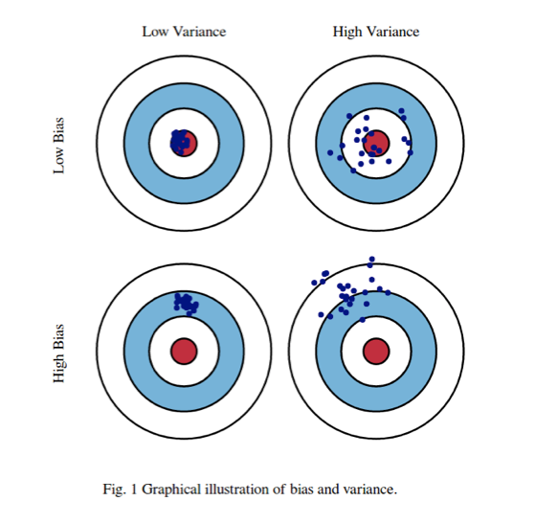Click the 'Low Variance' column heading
(x=184, y=32)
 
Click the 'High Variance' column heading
(x=376, y=32)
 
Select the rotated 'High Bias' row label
(x=60, y=352)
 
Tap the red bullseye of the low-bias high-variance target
(x=376, y=143)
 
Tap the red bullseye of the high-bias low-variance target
(x=184, y=351)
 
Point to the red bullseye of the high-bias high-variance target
(x=375, y=351)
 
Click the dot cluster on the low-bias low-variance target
(x=181, y=142)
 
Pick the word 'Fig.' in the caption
(x=115, y=490)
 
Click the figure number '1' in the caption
(x=135, y=490)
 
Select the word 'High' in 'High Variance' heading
(x=349, y=32)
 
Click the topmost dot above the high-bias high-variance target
(x=371, y=259)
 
